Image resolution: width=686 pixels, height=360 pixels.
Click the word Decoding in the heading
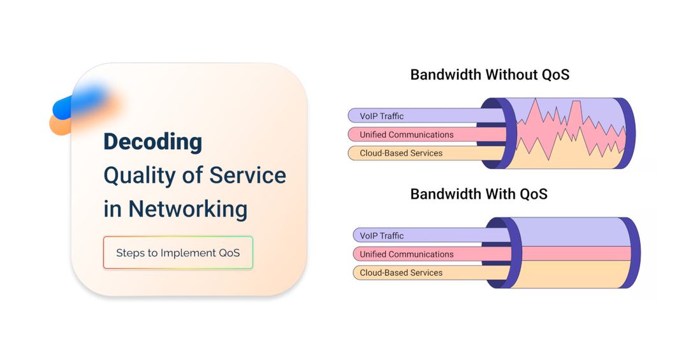(152, 142)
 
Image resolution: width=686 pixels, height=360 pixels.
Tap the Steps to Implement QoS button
(178, 252)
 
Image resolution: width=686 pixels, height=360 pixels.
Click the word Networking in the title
(187, 208)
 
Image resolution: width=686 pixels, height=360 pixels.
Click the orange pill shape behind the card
(61, 125)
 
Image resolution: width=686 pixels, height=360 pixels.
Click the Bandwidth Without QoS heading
(490, 75)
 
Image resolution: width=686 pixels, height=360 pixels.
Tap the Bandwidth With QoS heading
(479, 194)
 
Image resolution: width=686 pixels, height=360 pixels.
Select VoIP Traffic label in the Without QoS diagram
(381, 116)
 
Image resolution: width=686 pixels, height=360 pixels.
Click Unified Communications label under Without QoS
(407, 134)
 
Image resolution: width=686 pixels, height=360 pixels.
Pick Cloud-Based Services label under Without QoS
(401, 153)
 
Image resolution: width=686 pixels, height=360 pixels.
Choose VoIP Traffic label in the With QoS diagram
(381, 235)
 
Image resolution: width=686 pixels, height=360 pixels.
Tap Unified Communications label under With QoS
(407, 254)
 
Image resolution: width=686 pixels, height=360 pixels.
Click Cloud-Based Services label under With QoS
(401, 273)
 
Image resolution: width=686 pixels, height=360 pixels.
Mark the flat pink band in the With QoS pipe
(575, 253)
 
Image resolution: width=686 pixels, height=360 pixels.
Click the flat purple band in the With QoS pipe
(571, 233)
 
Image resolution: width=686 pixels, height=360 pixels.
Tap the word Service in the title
(247, 175)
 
